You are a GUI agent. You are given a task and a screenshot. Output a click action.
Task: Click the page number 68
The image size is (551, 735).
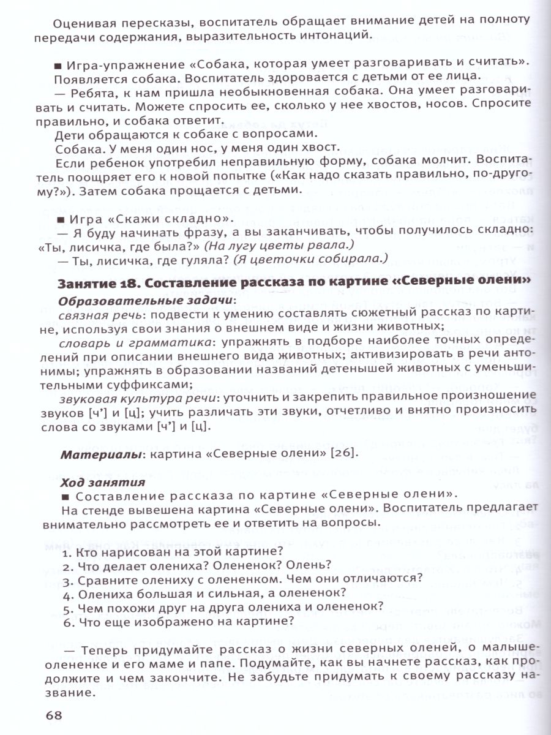[x=55, y=715]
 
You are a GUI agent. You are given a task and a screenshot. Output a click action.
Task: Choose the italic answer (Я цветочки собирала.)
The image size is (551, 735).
[x=310, y=259]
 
